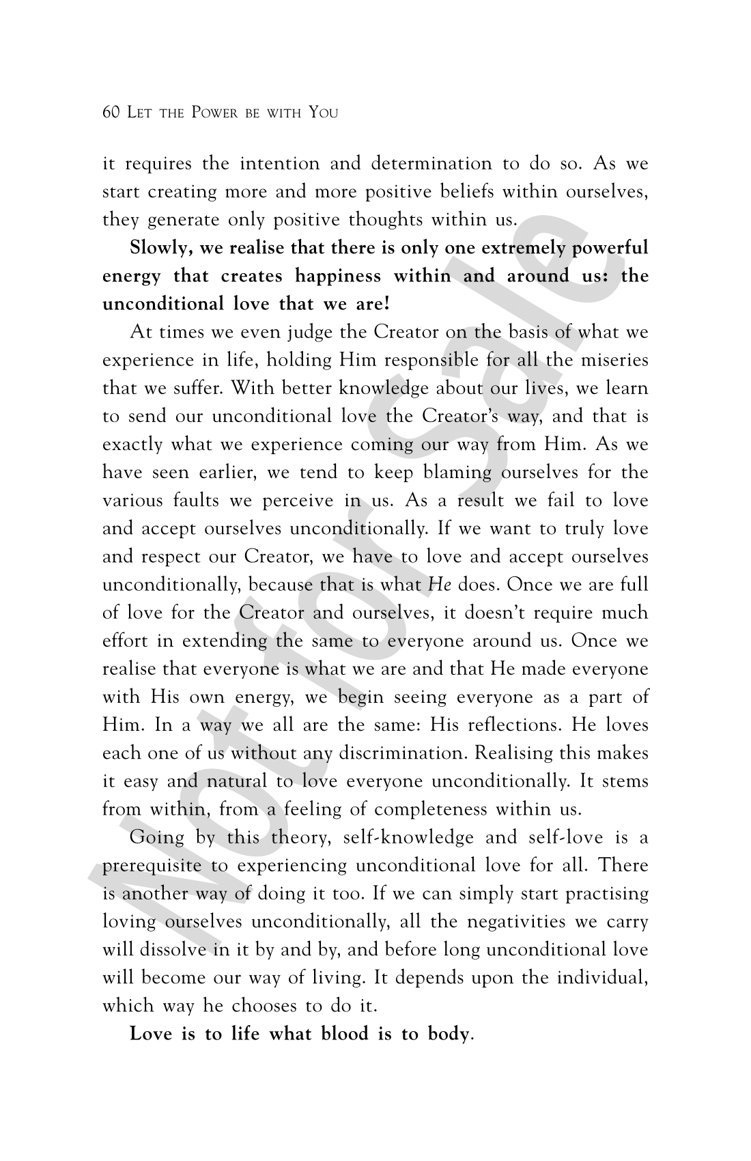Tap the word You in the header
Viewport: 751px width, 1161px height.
323,112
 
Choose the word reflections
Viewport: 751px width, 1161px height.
519,725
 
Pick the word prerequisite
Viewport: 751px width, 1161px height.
152,866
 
